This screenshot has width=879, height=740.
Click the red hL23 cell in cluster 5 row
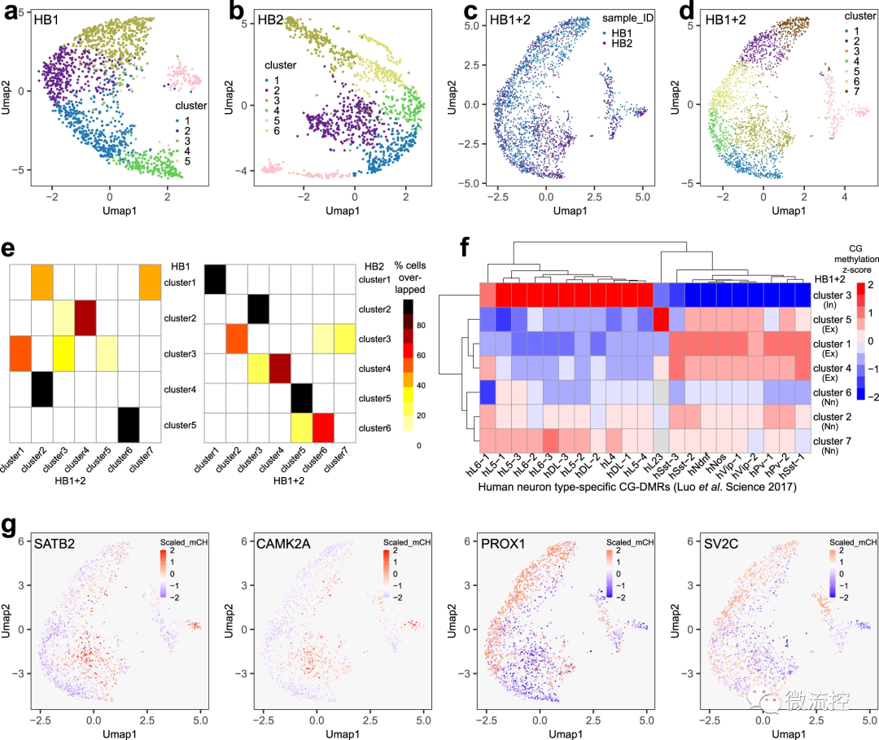click(661, 316)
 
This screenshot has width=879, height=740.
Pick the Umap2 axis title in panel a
click(7, 92)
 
